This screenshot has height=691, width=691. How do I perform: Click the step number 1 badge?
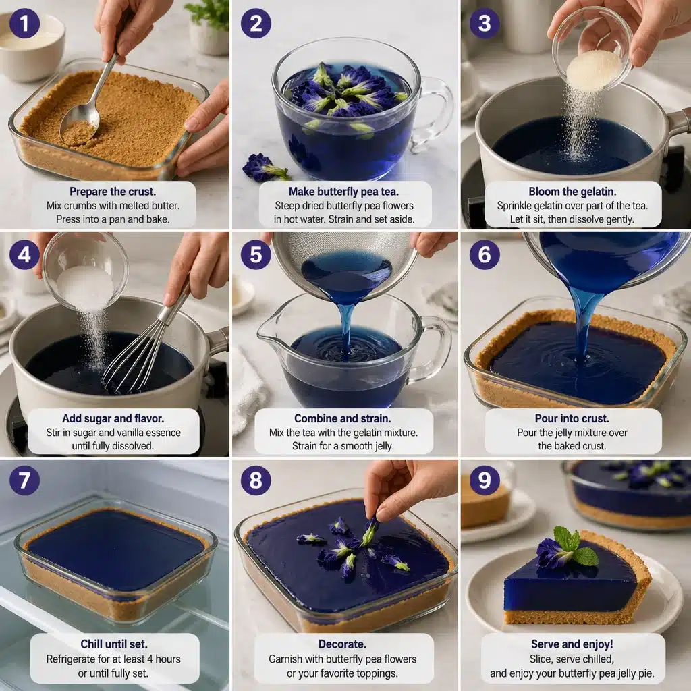pyautogui.click(x=24, y=24)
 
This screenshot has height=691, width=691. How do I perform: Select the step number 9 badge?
pyautogui.click(x=485, y=480)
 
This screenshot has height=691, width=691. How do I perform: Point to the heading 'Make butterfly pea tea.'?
pyautogui.click(x=345, y=192)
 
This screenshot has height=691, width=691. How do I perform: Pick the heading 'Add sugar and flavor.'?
pyautogui.click(x=113, y=418)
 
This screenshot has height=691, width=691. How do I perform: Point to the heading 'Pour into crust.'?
pyautogui.click(x=573, y=418)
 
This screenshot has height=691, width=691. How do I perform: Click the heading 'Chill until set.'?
pyautogui.click(x=114, y=644)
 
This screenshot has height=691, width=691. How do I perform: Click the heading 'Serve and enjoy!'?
pyautogui.click(x=573, y=644)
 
